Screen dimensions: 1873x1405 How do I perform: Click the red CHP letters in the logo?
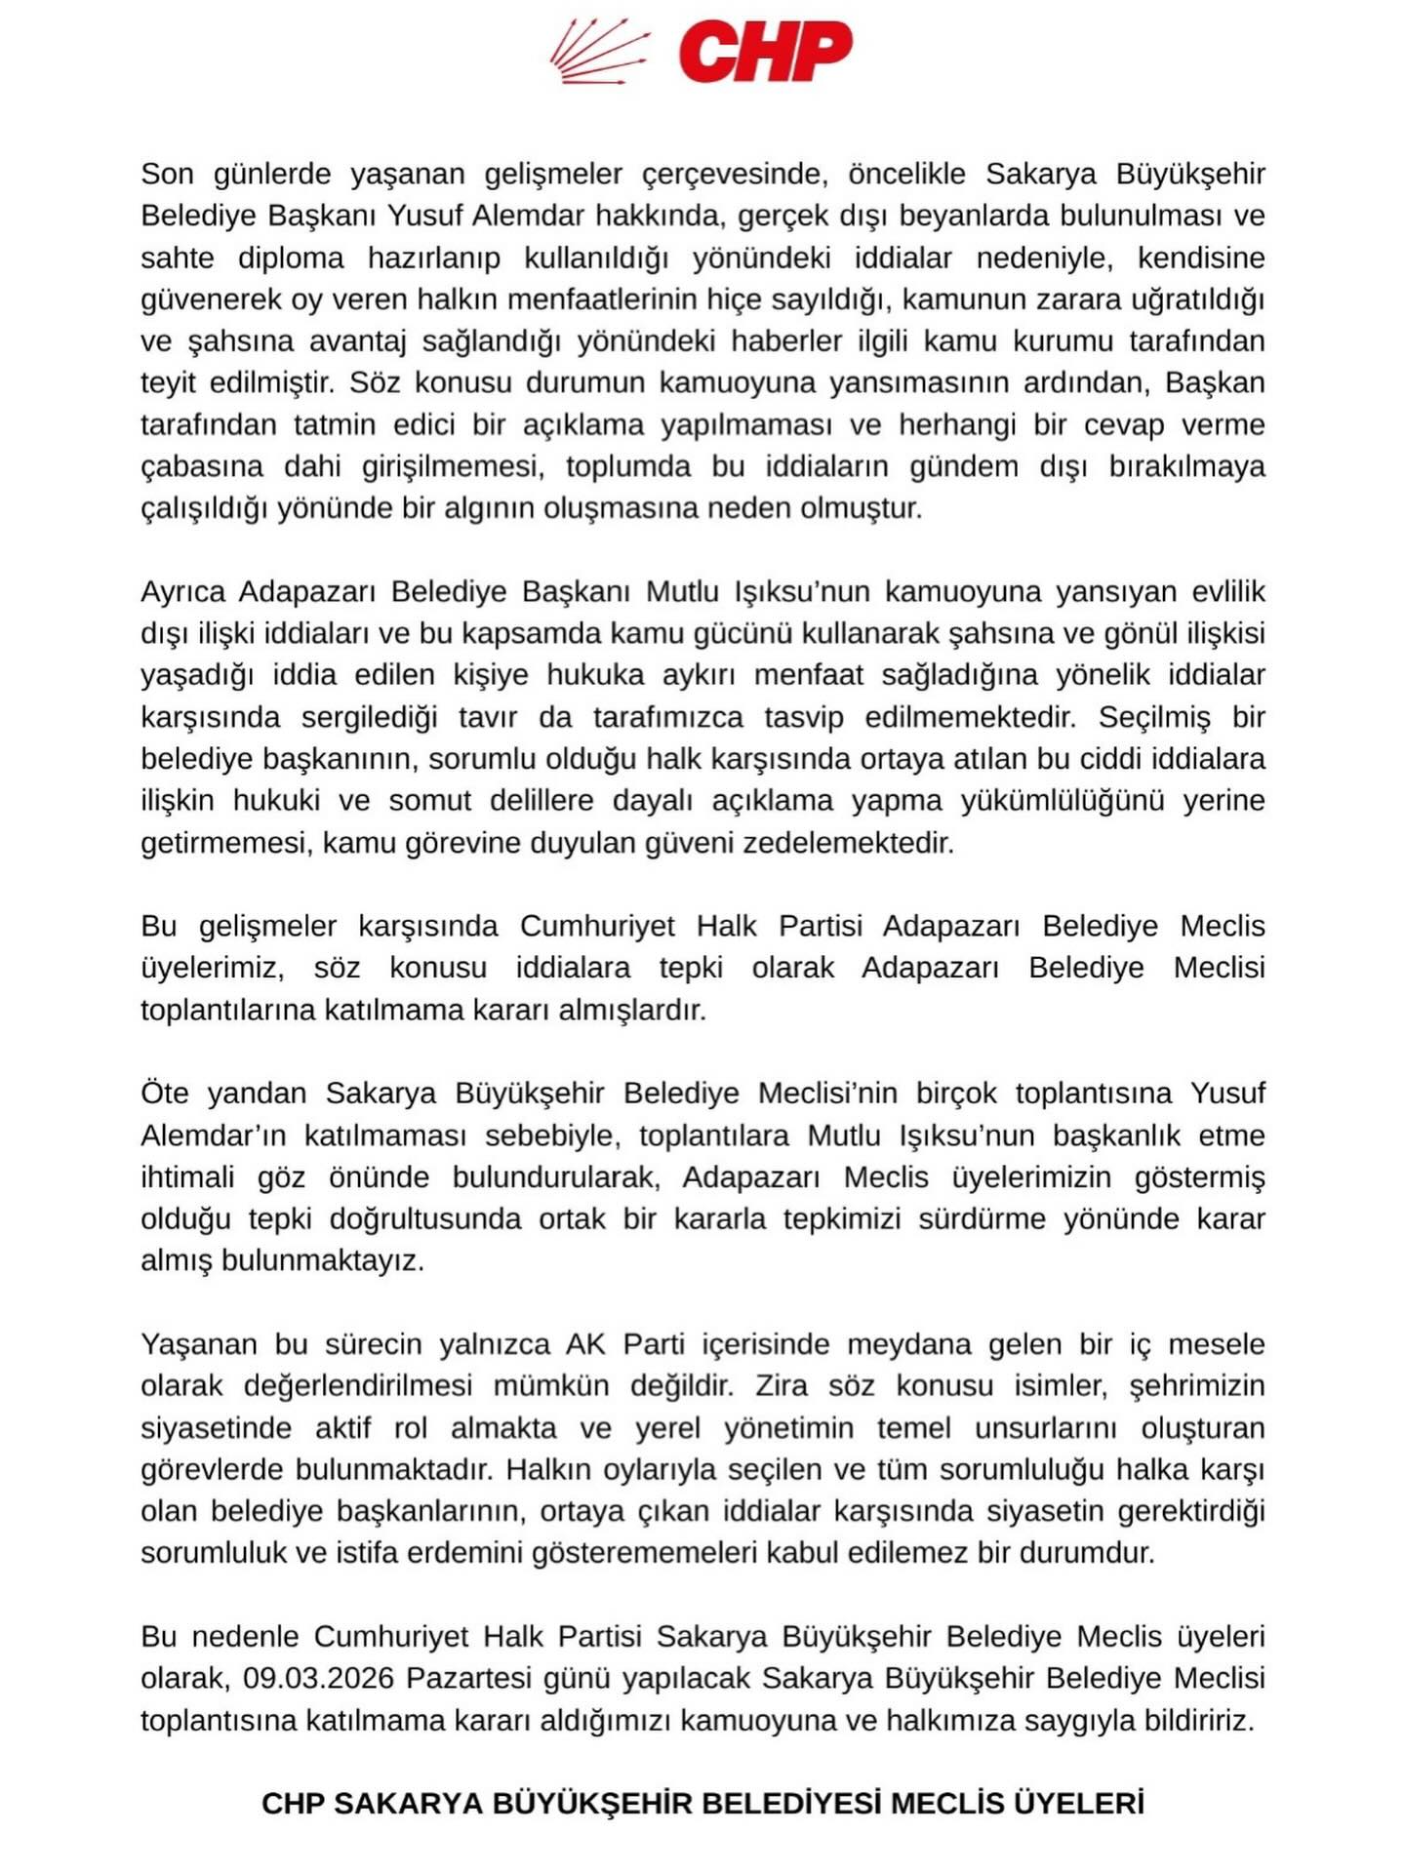point(765,51)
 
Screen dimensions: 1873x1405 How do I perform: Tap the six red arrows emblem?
point(598,52)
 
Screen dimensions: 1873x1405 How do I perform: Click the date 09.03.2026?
point(318,1678)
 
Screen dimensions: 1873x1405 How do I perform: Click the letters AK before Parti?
point(585,1343)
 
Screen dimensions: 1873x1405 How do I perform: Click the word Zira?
point(782,1385)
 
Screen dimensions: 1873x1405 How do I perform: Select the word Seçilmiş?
point(1154,717)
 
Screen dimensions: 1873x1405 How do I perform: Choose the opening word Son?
point(167,174)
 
